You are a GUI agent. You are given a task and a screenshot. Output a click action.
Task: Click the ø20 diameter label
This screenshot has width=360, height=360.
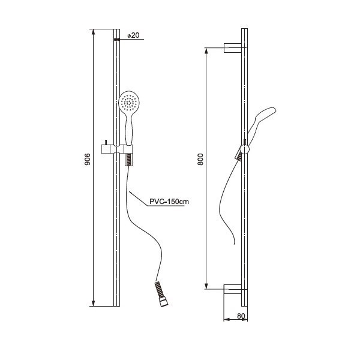[x=133, y=35]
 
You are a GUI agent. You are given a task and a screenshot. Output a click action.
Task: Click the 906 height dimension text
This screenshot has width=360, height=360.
[x=88, y=159]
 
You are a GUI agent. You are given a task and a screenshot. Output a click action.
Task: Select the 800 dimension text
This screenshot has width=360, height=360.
[x=200, y=159]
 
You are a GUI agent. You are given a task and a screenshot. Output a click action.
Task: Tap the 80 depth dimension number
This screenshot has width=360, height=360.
[x=241, y=316]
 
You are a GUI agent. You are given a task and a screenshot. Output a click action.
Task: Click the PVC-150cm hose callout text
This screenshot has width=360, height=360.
[x=169, y=202]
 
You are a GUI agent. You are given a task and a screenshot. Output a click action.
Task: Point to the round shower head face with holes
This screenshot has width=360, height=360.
[x=129, y=102]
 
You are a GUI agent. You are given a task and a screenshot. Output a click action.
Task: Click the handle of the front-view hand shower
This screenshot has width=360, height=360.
[x=129, y=130]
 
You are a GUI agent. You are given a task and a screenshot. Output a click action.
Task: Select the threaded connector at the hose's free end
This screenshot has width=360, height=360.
[x=161, y=295]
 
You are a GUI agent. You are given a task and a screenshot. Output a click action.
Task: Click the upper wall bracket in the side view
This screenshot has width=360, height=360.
[x=233, y=48]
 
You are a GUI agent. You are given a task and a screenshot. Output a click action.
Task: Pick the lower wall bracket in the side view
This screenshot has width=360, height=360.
[x=233, y=289]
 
